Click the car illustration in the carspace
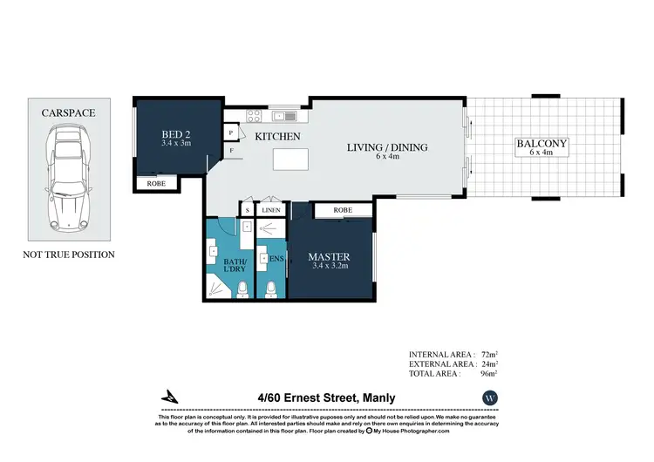[x=67, y=179]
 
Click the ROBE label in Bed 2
[x=156, y=184]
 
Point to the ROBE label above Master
[x=343, y=210]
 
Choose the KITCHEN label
[x=278, y=137]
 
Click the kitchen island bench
[x=293, y=160]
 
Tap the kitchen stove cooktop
[x=254, y=116]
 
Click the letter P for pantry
[x=230, y=132]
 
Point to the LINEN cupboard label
[x=271, y=210]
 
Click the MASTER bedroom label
[x=329, y=257]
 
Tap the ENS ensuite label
[x=276, y=259]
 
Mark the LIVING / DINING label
[x=389, y=147]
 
